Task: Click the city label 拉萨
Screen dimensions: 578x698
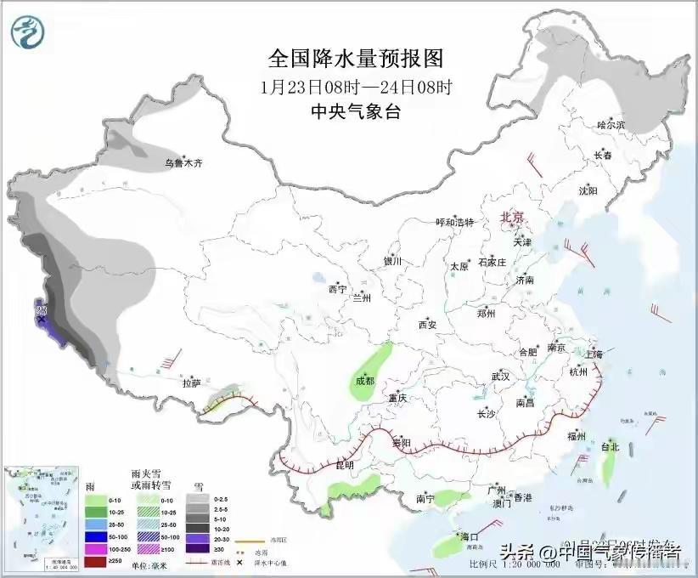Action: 191,383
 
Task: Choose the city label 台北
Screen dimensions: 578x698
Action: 610,446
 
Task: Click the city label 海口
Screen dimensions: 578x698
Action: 470,537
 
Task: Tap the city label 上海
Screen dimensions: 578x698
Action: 594,353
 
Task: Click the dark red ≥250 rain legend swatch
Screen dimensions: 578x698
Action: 95,563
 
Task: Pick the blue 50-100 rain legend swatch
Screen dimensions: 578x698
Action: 95,537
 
